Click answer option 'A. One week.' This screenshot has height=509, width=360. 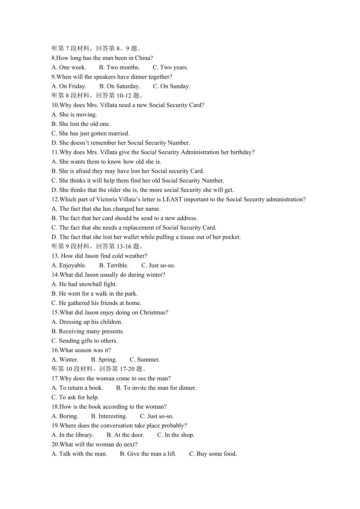(x=69, y=67)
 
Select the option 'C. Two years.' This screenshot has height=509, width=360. (x=170, y=67)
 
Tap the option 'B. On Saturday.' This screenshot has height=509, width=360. (x=119, y=86)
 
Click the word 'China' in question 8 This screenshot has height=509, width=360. (x=142, y=58)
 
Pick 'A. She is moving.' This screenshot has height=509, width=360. (x=74, y=115)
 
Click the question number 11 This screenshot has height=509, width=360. (x=55, y=152)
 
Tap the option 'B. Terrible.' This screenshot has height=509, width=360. (x=113, y=265)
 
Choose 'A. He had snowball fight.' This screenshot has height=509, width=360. (x=84, y=284)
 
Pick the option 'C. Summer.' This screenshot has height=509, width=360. (x=145, y=360)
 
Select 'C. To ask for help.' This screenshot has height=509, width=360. (x=75, y=397)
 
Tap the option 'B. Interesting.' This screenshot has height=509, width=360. (x=109, y=416)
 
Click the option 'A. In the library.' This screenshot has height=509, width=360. (x=73, y=435)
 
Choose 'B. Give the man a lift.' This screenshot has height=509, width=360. (x=148, y=454)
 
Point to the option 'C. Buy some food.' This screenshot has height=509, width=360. (x=213, y=454)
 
